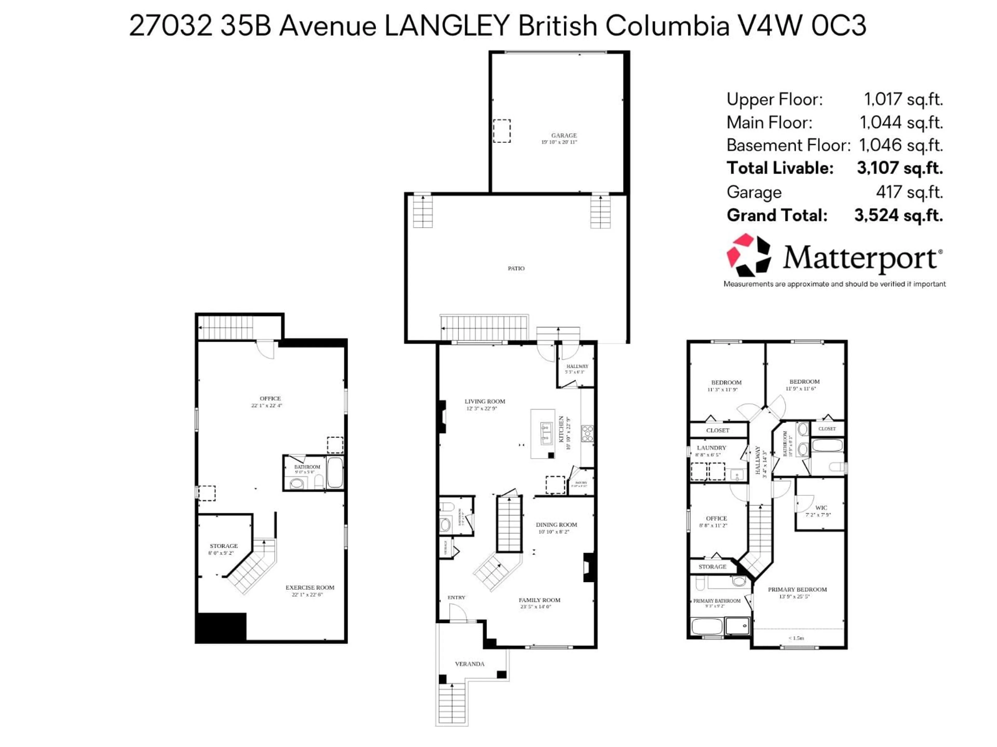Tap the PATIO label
click(516, 268)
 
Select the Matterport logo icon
click(749, 255)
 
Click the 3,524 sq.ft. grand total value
click(898, 215)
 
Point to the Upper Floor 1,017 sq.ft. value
click(903, 99)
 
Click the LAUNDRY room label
click(711, 448)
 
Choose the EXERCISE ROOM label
click(310, 587)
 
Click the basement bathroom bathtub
click(335, 472)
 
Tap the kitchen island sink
click(546, 432)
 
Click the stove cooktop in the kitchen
click(587, 433)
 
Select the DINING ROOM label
click(556, 524)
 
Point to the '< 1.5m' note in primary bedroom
click(796, 638)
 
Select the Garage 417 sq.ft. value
click(909, 192)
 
